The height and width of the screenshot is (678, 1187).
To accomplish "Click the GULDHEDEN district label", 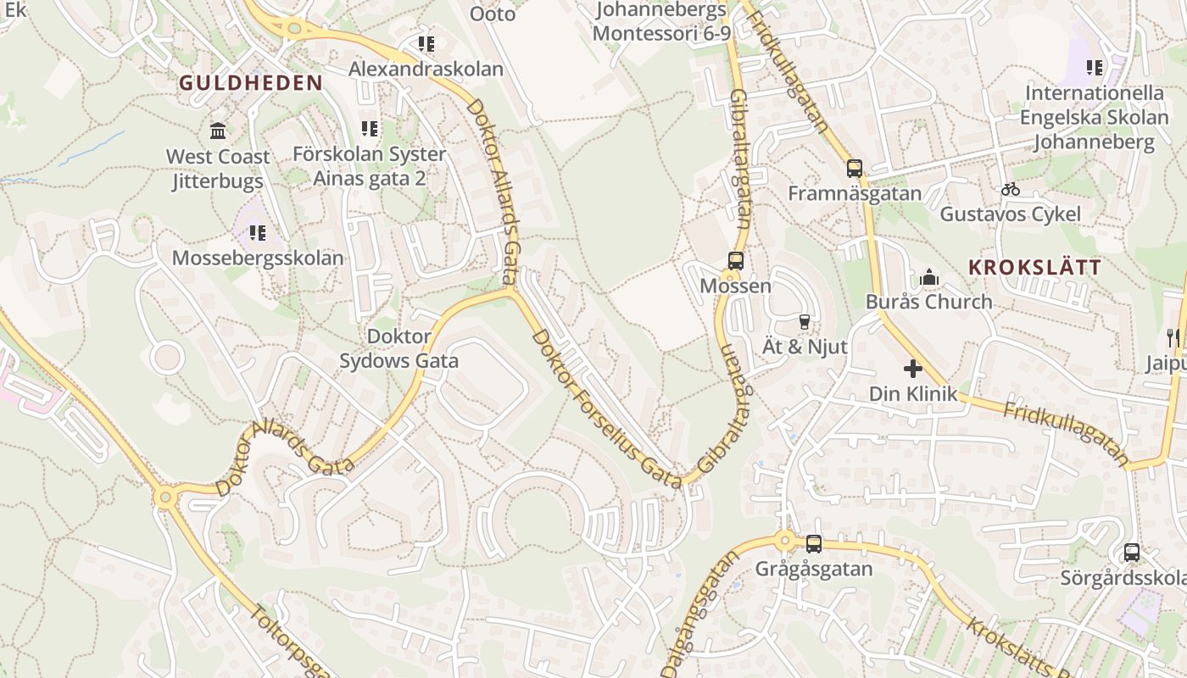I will (251, 83).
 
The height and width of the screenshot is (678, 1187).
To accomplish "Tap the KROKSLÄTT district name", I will (1034, 267).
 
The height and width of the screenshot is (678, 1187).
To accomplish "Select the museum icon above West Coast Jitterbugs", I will (218, 131).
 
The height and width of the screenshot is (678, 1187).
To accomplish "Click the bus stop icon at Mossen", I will (735, 261).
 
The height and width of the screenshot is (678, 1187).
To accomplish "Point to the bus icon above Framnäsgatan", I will (854, 168).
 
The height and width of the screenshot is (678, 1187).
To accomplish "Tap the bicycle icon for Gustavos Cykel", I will (1010, 189).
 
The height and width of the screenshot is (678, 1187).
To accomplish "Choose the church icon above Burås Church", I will (929, 277).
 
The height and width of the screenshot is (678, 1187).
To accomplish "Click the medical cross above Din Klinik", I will (913, 369).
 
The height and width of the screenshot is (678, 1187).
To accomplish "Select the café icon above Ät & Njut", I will (804, 322).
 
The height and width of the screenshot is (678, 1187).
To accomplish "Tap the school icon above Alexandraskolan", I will (426, 44).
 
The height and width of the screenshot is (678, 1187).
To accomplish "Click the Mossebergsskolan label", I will (258, 258).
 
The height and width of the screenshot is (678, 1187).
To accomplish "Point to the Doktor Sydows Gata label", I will (398, 348).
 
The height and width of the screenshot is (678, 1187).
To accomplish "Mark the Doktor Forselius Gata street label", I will (605, 408).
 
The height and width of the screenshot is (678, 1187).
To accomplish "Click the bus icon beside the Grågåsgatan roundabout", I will (813, 543).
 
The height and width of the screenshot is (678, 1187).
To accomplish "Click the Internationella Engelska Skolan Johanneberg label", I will (1095, 117).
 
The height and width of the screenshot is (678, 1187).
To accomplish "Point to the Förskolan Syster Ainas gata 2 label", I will (369, 166).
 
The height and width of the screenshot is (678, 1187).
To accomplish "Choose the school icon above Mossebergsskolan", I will (258, 232).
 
